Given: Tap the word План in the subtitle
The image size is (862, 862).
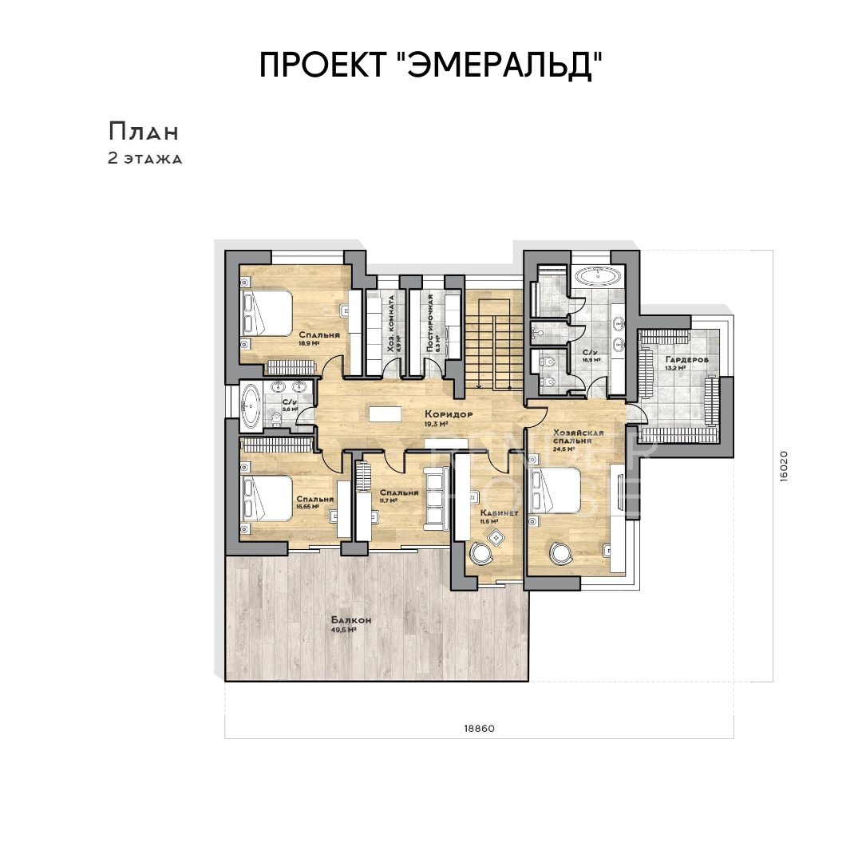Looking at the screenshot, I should point(144,132).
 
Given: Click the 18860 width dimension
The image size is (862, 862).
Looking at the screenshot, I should point(480,729).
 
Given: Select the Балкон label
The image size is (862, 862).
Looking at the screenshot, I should point(351,620).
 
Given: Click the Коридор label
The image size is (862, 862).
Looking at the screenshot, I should point(449,414).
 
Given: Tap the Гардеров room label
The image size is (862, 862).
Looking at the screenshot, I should point(686,360).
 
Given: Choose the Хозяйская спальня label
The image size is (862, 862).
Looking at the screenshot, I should point(577,437).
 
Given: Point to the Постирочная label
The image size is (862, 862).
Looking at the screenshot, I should point(430,323).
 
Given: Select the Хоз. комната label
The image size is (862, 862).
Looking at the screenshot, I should point(391,323).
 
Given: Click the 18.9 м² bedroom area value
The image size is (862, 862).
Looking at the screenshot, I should point(309,344).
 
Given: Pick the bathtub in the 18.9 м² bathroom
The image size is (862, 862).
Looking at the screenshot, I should point(597,277).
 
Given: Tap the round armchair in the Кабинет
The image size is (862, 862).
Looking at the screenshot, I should point(481,552).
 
